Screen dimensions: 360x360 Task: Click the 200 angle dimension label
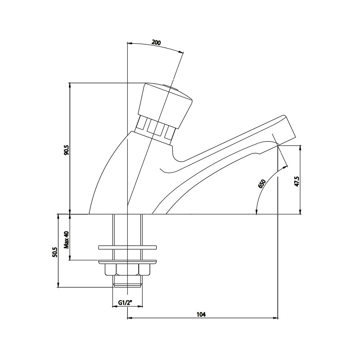(x=156, y=43)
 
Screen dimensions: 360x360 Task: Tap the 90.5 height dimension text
(x=66, y=150)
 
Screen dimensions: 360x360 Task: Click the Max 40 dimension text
(x=66, y=240)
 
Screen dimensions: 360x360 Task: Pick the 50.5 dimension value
(x=54, y=252)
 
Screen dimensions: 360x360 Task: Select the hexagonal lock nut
(x=127, y=270)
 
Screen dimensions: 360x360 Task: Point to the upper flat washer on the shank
(x=127, y=247)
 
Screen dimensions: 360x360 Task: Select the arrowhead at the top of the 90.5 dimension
(x=70, y=85)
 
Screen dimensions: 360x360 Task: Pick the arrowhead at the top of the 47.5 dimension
(x=300, y=148)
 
